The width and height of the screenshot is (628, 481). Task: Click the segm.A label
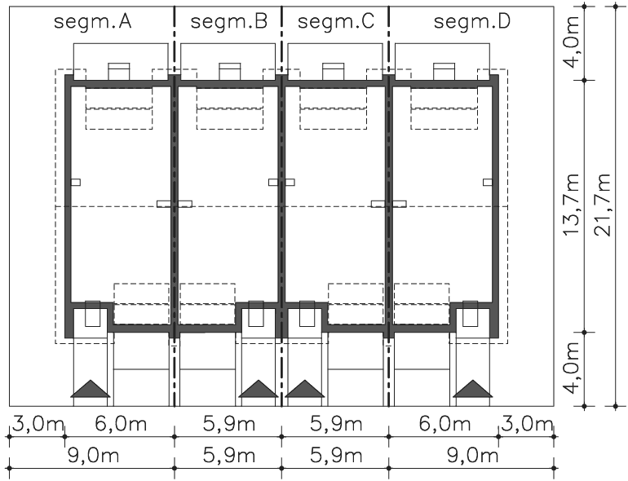coord(93,22)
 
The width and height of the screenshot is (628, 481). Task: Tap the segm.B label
coord(229,22)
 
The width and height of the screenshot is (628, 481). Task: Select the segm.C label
coord(336,22)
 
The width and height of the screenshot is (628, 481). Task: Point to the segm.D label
coord(472,22)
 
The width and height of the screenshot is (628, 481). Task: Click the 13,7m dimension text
coord(572,205)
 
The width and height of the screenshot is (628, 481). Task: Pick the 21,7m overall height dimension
coord(603,205)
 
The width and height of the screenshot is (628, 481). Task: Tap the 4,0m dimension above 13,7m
coord(572,43)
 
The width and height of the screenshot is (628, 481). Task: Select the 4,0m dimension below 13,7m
coord(572,368)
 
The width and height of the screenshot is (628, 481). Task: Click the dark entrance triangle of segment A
coord(91,389)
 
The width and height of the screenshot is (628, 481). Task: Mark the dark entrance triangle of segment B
coord(259,389)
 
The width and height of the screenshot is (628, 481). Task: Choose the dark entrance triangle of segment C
coord(305,389)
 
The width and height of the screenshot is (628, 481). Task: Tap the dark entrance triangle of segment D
coord(473,389)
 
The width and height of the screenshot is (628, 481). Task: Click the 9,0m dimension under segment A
coord(93,456)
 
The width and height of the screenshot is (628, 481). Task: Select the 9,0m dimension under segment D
coord(472,456)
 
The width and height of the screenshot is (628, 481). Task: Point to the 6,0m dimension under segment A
coord(121,424)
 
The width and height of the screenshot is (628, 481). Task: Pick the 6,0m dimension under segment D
coord(445,424)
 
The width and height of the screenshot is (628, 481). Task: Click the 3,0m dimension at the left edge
coord(38,424)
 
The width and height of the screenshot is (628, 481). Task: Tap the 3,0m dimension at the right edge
coord(527,424)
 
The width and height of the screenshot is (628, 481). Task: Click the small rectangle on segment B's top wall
coord(230,72)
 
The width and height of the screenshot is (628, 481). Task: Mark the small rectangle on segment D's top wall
coord(444,72)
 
